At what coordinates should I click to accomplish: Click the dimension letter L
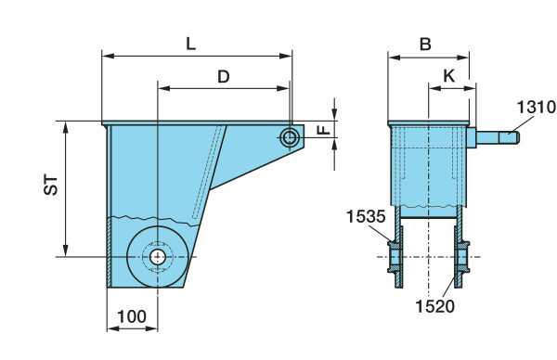click(190, 44)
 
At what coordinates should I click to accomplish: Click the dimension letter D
click(224, 76)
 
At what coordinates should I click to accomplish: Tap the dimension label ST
click(51, 185)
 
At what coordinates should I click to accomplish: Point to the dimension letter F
click(324, 130)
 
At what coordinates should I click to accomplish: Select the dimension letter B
click(425, 45)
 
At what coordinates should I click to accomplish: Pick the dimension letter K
click(449, 76)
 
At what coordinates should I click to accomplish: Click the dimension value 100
click(132, 316)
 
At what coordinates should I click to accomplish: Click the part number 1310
click(536, 107)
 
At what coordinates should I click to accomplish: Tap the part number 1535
click(366, 216)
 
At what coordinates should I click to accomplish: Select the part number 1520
click(434, 306)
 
